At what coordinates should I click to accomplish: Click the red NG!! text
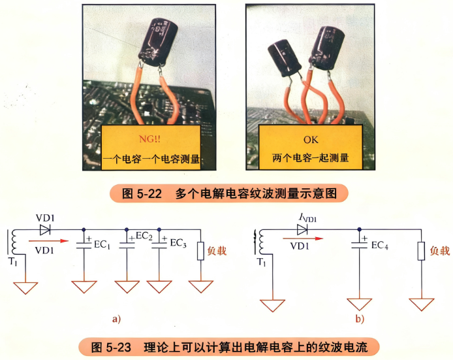[149, 139]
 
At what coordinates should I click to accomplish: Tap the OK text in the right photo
[311, 140]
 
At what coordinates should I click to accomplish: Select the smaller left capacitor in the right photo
[285, 58]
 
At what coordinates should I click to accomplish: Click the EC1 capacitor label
[102, 244]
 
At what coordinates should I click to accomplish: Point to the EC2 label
[144, 236]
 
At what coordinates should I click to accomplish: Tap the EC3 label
[178, 243]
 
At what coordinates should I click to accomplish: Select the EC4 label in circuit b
[380, 246]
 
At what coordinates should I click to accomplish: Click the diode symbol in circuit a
[45, 230]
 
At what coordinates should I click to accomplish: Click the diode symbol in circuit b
[302, 229]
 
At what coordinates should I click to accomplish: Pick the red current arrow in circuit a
[48, 240]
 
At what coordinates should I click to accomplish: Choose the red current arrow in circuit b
[303, 238]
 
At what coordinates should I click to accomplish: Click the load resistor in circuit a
[200, 252]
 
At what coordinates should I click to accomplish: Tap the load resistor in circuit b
[421, 251]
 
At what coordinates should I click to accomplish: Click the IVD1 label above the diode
[307, 218]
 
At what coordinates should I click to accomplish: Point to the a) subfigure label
[116, 319]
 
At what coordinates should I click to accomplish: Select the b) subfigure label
[360, 319]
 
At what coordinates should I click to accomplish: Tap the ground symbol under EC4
[360, 304]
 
